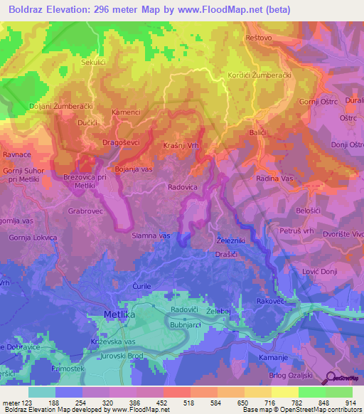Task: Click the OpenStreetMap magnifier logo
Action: pyautogui.click(x=330, y=378)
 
